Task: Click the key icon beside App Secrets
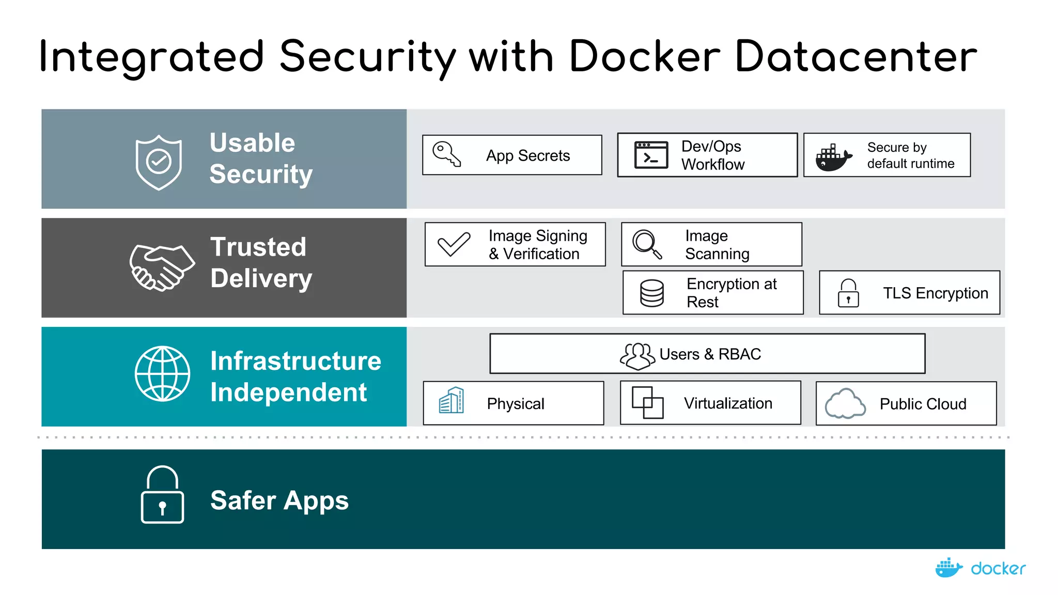[446, 154]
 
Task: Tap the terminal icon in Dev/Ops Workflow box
[651, 155]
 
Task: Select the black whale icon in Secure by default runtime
[832, 158]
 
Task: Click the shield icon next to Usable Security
[159, 162]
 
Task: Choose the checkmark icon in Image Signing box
[454, 244]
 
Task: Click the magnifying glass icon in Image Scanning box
[647, 244]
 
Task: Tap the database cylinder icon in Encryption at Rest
[651, 293]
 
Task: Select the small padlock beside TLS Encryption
[848, 293]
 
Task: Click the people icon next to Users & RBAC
[637, 356]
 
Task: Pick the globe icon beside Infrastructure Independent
[162, 373]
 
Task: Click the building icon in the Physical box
[452, 401]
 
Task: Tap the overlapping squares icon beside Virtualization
[647, 402]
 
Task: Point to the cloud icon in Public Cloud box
[845, 403]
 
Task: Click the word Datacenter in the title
[855, 57]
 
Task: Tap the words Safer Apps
[279, 500]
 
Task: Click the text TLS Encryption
[935, 293]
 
